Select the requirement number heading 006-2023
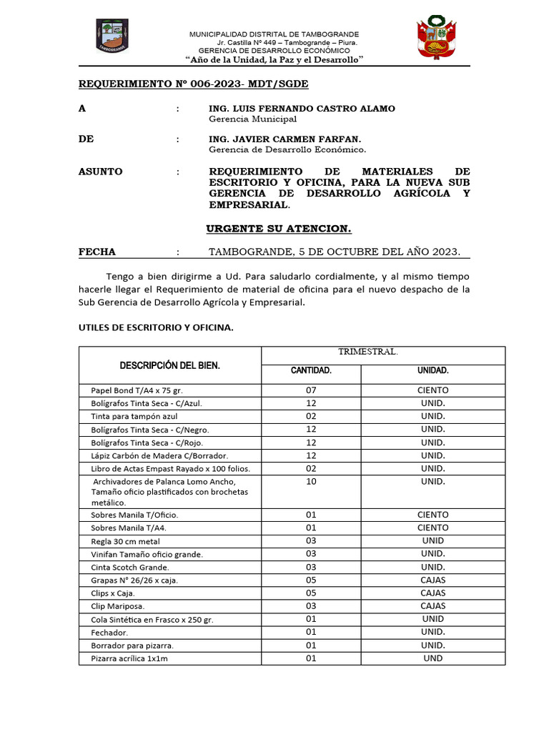tap(193, 84)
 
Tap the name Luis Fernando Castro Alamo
tap(301, 108)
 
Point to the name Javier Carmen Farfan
tap(285, 139)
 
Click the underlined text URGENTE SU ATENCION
tap(279, 229)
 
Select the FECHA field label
tap(97, 252)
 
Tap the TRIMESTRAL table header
tap(367, 352)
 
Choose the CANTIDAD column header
tap(310, 371)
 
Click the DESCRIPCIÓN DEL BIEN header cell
tap(169, 365)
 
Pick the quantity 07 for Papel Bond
tap(310, 390)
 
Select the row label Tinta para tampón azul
tap(134, 416)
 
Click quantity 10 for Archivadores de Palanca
tap(310, 482)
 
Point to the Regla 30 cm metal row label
tap(125, 540)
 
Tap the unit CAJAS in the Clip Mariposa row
tap(432, 605)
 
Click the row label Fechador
tap(109, 633)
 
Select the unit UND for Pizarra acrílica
tap(432, 658)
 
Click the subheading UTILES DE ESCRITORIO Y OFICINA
tap(155, 327)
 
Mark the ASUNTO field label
tap(100, 172)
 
